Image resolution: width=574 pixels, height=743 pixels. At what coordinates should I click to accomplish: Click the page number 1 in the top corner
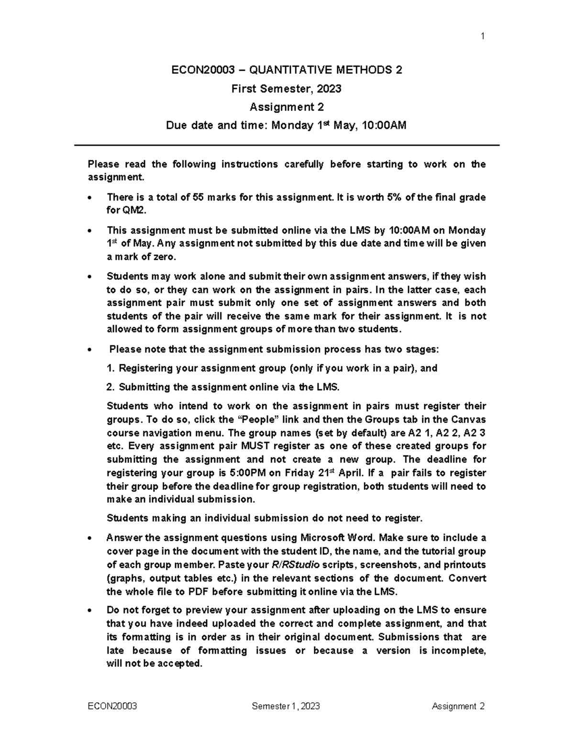coord(483,36)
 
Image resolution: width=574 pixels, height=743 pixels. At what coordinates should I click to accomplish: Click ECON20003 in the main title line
coord(203,70)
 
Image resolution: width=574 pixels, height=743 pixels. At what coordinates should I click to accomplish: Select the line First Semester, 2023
coord(286,89)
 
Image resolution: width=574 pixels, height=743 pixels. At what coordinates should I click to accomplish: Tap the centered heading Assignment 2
coord(286,107)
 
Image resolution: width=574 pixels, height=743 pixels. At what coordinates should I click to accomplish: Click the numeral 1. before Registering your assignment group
coord(111,368)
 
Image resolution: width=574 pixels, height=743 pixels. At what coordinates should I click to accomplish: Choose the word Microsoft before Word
coord(324,537)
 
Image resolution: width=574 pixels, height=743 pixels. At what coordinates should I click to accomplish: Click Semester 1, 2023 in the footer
coord(286,706)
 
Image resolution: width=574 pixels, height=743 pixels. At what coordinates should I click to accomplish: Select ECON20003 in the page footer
coord(112,706)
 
